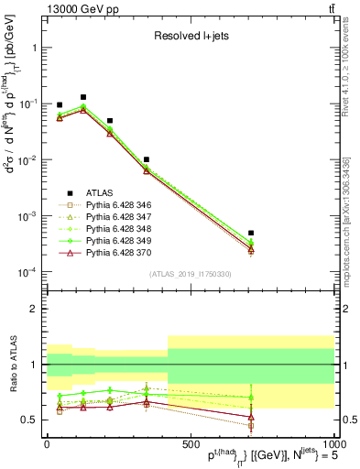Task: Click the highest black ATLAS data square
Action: (83, 97)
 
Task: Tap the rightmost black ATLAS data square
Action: (251, 234)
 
